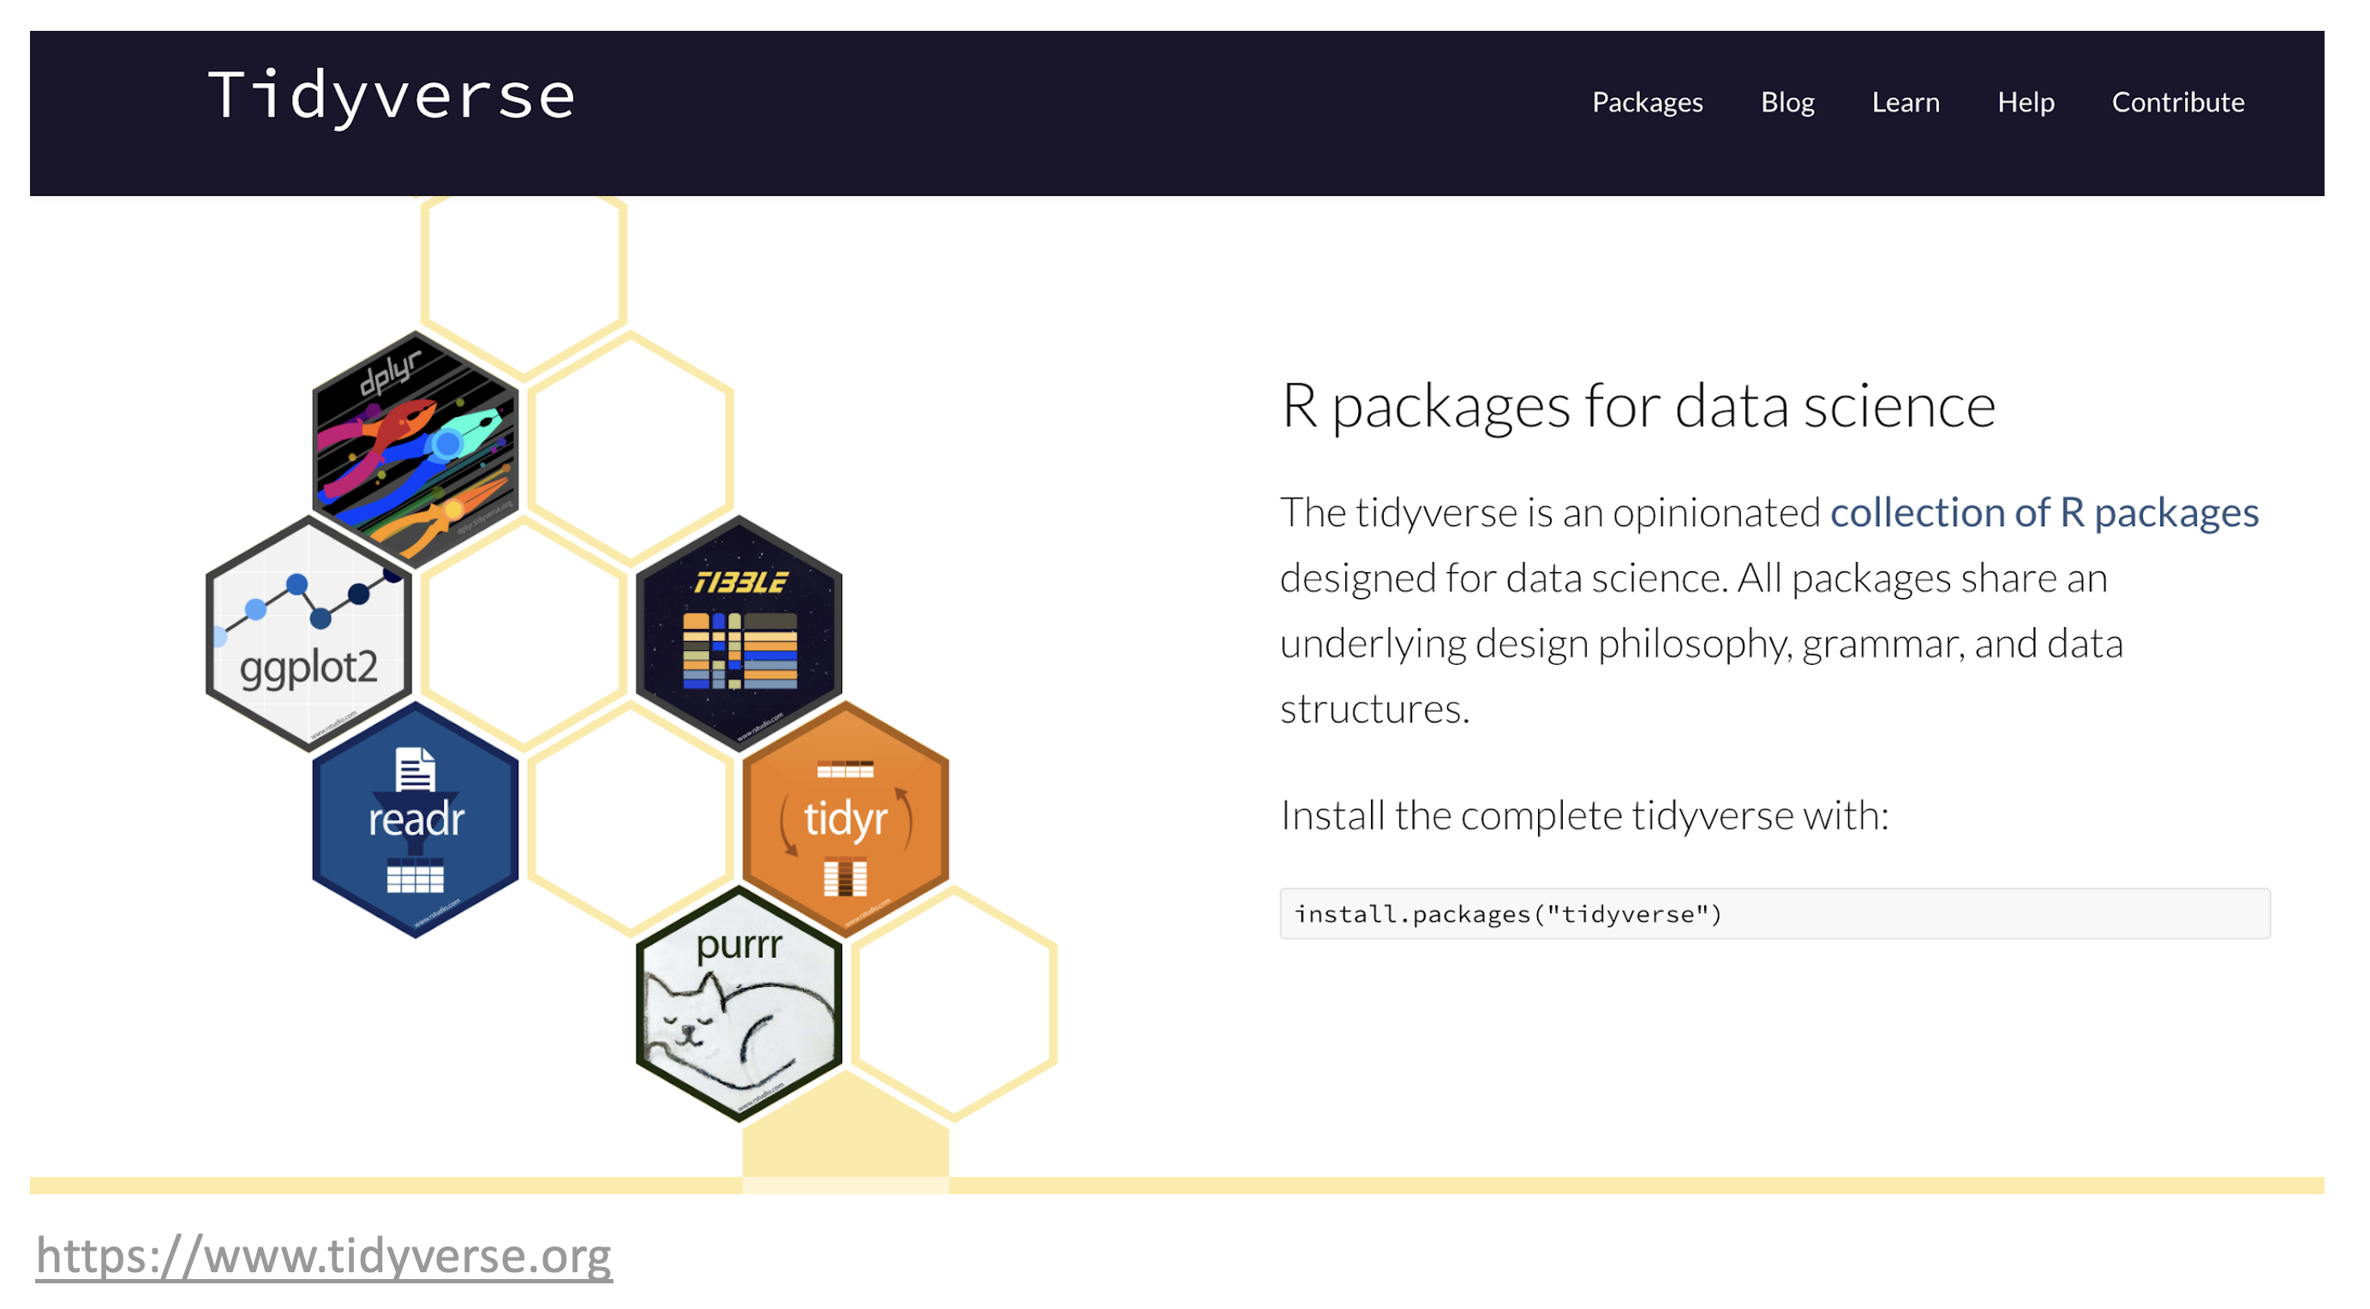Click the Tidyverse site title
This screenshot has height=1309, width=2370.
(392, 97)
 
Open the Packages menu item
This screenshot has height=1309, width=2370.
(1648, 102)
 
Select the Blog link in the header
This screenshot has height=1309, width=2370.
(1787, 102)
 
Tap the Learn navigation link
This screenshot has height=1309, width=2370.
(1906, 102)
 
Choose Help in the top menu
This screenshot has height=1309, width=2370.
(2026, 102)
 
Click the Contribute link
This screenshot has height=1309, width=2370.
(2178, 102)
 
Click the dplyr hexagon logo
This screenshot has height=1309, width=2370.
(416, 449)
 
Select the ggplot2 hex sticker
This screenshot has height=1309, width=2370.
(308, 634)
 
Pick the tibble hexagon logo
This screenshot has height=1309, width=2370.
(739, 634)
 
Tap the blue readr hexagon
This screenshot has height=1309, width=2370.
(416, 820)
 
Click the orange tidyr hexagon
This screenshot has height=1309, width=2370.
(846, 820)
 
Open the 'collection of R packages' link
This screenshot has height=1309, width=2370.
(2044, 513)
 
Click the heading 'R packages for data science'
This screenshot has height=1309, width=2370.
(1638, 406)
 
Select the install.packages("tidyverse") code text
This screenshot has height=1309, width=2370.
(1508, 914)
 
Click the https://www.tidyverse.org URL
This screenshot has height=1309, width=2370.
(324, 1257)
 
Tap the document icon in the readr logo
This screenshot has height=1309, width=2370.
(415, 770)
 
